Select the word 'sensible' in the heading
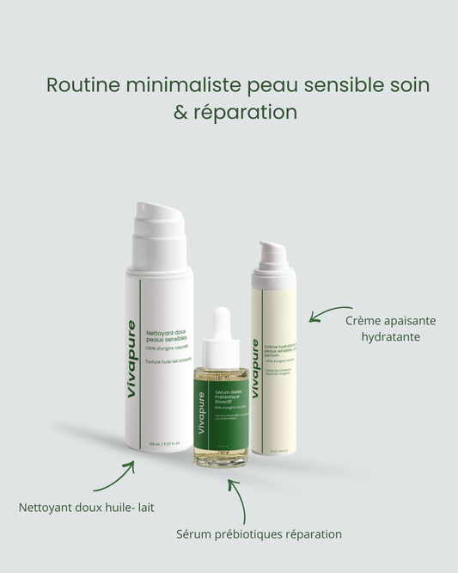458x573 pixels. (x=335, y=86)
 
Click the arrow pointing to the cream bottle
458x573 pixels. (x=331, y=314)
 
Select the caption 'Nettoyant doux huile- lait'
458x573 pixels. (x=87, y=508)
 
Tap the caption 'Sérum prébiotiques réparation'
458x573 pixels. (x=259, y=534)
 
